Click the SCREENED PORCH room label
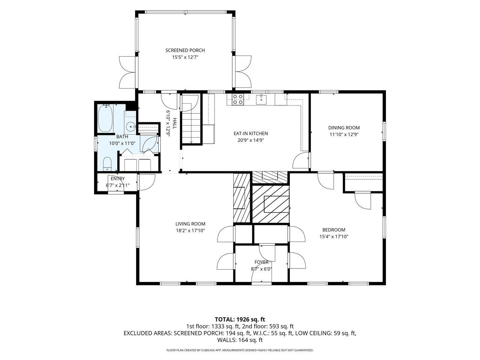tap(185, 50)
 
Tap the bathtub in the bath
tap(105, 118)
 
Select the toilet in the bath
tap(107, 164)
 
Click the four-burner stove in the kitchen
tap(238, 99)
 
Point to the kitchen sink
tap(261, 99)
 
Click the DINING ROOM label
tap(344, 127)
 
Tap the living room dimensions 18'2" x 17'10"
tap(190, 231)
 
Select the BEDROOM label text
tap(334, 230)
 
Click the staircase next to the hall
tap(191, 119)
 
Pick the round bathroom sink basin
tap(131, 126)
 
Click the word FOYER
tap(261, 262)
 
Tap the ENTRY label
tap(118, 178)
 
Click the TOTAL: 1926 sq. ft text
tap(240, 319)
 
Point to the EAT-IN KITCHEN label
tap(250, 133)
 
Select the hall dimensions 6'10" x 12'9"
tap(168, 123)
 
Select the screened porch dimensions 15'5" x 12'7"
tap(185, 57)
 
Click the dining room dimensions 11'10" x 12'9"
tap(344, 134)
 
